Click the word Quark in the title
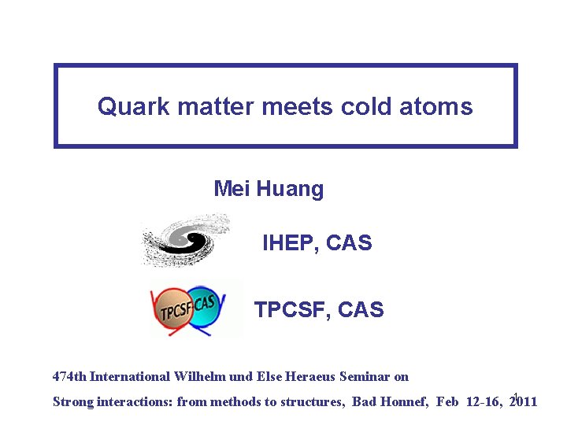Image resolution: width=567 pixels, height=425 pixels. point(133,106)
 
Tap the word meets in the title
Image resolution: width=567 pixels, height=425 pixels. point(297,106)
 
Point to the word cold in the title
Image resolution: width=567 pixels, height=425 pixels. point(366,106)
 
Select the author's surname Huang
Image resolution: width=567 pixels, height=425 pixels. point(291,190)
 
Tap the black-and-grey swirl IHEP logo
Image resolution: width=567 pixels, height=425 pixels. point(186,239)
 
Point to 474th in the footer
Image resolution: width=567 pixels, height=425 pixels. point(69,376)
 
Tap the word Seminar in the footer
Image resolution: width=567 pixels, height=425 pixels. point(365,376)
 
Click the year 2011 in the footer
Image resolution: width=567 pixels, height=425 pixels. point(524,401)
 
